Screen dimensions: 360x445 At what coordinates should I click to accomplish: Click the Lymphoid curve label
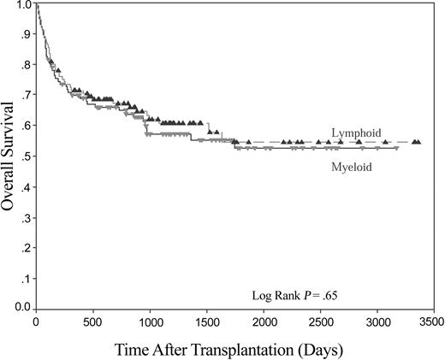356,133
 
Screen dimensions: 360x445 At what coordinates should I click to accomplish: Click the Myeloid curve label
353,167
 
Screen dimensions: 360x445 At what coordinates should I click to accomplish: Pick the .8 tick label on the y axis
26,65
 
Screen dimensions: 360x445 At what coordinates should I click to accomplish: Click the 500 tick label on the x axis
92,322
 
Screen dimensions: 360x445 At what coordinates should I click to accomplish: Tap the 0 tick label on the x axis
35,322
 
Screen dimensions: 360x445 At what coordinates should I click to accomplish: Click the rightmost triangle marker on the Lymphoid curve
417,142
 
